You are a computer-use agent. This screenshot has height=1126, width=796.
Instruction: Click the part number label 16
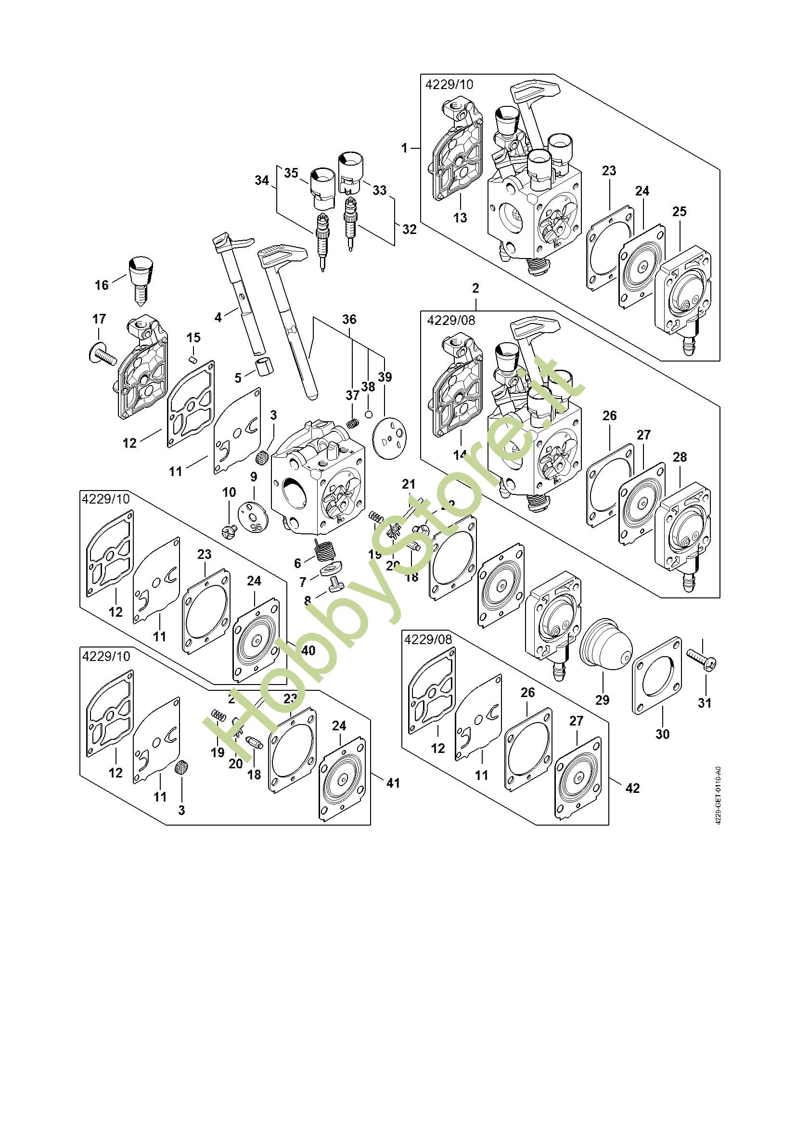[x=102, y=285]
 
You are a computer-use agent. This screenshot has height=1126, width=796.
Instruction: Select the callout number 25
[x=680, y=212]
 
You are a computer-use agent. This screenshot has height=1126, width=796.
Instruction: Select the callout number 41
[x=393, y=783]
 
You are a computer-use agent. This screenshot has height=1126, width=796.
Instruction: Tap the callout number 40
[x=308, y=651]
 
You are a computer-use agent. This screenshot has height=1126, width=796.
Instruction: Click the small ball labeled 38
[x=369, y=415]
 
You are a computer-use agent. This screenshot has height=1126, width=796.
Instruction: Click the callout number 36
[x=349, y=319]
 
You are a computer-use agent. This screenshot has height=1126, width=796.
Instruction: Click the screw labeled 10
[x=230, y=529]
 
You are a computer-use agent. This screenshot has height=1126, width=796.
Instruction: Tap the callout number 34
[x=262, y=181]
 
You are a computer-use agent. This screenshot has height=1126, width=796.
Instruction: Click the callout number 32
[x=409, y=229]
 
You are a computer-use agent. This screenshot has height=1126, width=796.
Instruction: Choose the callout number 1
[x=404, y=148]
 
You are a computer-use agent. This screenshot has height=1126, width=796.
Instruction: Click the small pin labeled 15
[x=193, y=359]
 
